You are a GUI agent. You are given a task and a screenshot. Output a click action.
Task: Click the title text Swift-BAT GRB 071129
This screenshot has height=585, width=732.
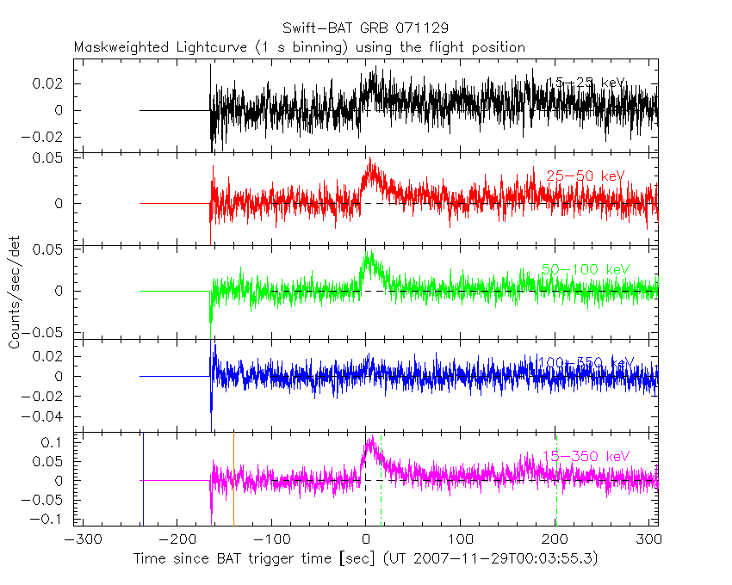(x=365, y=28)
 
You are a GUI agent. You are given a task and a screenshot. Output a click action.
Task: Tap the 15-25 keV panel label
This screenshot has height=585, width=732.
(x=586, y=83)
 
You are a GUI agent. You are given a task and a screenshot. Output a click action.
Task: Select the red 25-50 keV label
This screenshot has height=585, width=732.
(x=586, y=176)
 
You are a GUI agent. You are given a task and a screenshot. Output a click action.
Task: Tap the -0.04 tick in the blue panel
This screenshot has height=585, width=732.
(x=50, y=416)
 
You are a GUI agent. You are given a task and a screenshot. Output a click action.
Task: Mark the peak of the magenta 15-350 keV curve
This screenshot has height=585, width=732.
(x=370, y=438)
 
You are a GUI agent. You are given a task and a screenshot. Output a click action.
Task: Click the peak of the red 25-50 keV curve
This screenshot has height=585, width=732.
(x=370, y=160)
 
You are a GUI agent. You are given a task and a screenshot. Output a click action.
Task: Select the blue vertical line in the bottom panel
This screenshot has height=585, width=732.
(x=143, y=478)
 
